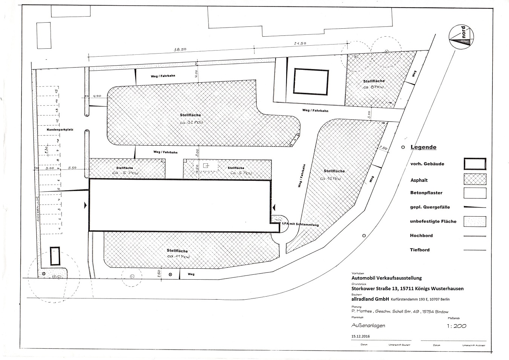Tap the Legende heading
[423, 147]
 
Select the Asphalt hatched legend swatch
[475, 179]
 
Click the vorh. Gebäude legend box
[475, 164]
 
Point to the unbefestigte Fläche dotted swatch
[475, 222]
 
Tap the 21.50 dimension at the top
[300, 43]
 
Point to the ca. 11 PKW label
[179, 256]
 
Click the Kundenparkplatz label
[60, 129]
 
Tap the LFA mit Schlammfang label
[300, 225]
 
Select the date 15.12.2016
[360, 336]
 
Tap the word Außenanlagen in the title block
[368, 326]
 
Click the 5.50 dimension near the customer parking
[73, 168]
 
